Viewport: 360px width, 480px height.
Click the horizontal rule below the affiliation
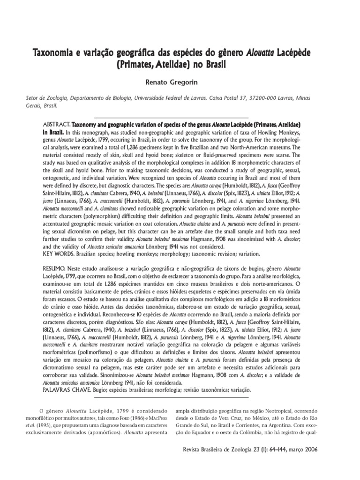[172, 117]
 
